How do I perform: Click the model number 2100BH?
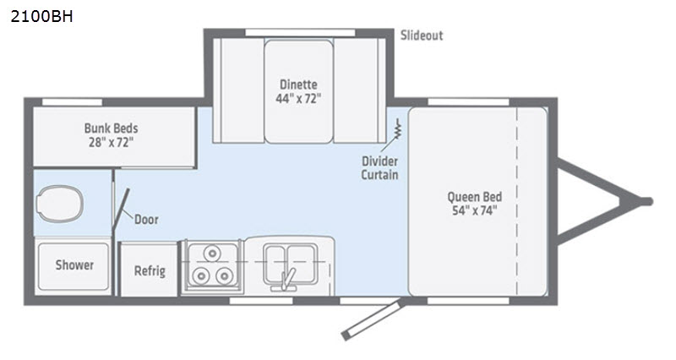pos(41,16)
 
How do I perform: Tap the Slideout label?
pos(422,35)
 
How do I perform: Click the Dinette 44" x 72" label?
pos(298,91)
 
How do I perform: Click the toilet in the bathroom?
pos(59,204)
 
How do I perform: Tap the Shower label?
pos(74,265)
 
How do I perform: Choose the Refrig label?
pos(150,270)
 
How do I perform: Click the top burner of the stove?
pos(212,253)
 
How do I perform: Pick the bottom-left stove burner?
pos(201,275)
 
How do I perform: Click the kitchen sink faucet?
pos(286,280)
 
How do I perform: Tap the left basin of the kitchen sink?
pos(275,262)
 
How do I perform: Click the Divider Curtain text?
pos(379,167)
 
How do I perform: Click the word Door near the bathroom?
pos(146,220)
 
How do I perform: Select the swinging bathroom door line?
pos(121,208)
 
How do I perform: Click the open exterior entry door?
pos(372,320)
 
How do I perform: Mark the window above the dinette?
pos(300,33)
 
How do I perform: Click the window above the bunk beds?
pos(72,102)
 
